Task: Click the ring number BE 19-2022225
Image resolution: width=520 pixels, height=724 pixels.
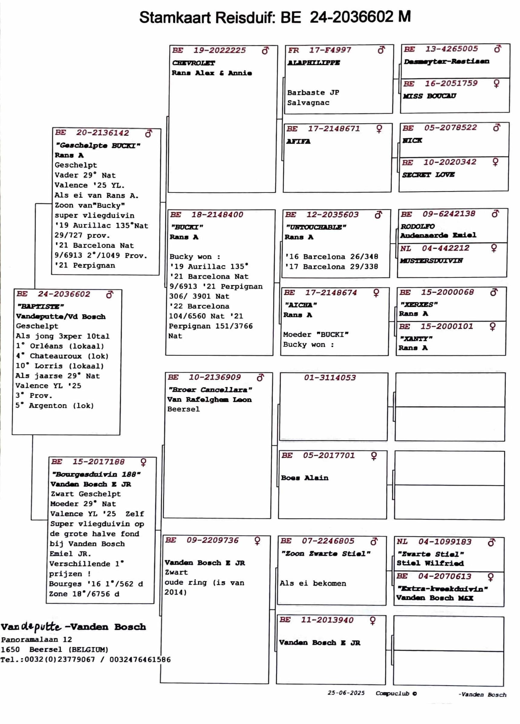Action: click(209, 51)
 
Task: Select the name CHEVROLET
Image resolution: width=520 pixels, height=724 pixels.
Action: click(193, 63)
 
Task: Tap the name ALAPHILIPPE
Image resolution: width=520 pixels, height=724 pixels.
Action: click(314, 63)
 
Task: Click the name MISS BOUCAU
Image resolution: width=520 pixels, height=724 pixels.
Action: click(429, 96)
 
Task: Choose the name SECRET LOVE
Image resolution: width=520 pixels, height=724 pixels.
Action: click(428, 174)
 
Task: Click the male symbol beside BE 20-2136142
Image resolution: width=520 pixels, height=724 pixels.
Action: click(148, 133)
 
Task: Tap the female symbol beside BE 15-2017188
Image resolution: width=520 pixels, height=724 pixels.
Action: click(143, 462)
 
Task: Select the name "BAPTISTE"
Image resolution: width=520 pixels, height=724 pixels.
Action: click(40, 306)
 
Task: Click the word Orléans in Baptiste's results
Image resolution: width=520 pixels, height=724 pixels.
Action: click(46, 346)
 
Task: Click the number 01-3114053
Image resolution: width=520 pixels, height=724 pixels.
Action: click(330, 378)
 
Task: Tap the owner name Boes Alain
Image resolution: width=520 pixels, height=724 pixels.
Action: click(304, 478)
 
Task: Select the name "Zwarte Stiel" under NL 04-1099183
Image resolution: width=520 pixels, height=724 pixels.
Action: click(430, 554)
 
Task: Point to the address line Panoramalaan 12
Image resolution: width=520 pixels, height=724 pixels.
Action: click(36, 639)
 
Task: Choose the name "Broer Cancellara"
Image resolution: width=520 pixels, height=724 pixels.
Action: click(210, 390)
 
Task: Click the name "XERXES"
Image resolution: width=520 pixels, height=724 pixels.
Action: click(419, 305)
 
